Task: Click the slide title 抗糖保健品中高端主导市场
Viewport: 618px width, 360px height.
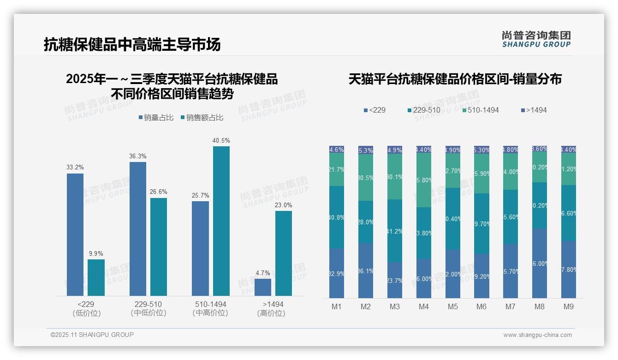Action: click(132, 45)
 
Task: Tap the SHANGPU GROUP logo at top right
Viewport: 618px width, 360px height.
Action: click(536, 39)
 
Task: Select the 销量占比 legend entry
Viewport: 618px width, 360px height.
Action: click(156, 118)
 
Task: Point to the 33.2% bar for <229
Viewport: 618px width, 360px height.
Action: click(75, 234)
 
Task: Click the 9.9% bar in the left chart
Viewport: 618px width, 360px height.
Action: click(96, 277)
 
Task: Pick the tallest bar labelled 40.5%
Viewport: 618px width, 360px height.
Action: click(221, 221)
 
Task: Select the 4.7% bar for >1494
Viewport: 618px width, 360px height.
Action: click(263, 287)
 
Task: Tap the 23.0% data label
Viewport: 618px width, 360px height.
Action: click(283, 205)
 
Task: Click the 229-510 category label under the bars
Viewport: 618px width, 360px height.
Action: click(148, 305)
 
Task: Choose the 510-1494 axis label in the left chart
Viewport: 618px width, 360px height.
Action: click(210, 305)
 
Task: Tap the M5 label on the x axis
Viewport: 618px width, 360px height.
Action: click(452, 307)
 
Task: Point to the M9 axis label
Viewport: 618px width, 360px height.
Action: click(569, 307)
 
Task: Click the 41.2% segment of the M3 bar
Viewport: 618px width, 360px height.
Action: click(395, 231)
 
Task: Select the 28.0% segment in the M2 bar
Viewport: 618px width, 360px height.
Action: click(366, 222)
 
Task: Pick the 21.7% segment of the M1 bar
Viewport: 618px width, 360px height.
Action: click(337, 169)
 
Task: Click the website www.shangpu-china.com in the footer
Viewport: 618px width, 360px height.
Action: click(537, 335)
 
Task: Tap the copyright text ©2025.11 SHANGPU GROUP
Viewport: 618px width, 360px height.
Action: click(92, 335)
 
